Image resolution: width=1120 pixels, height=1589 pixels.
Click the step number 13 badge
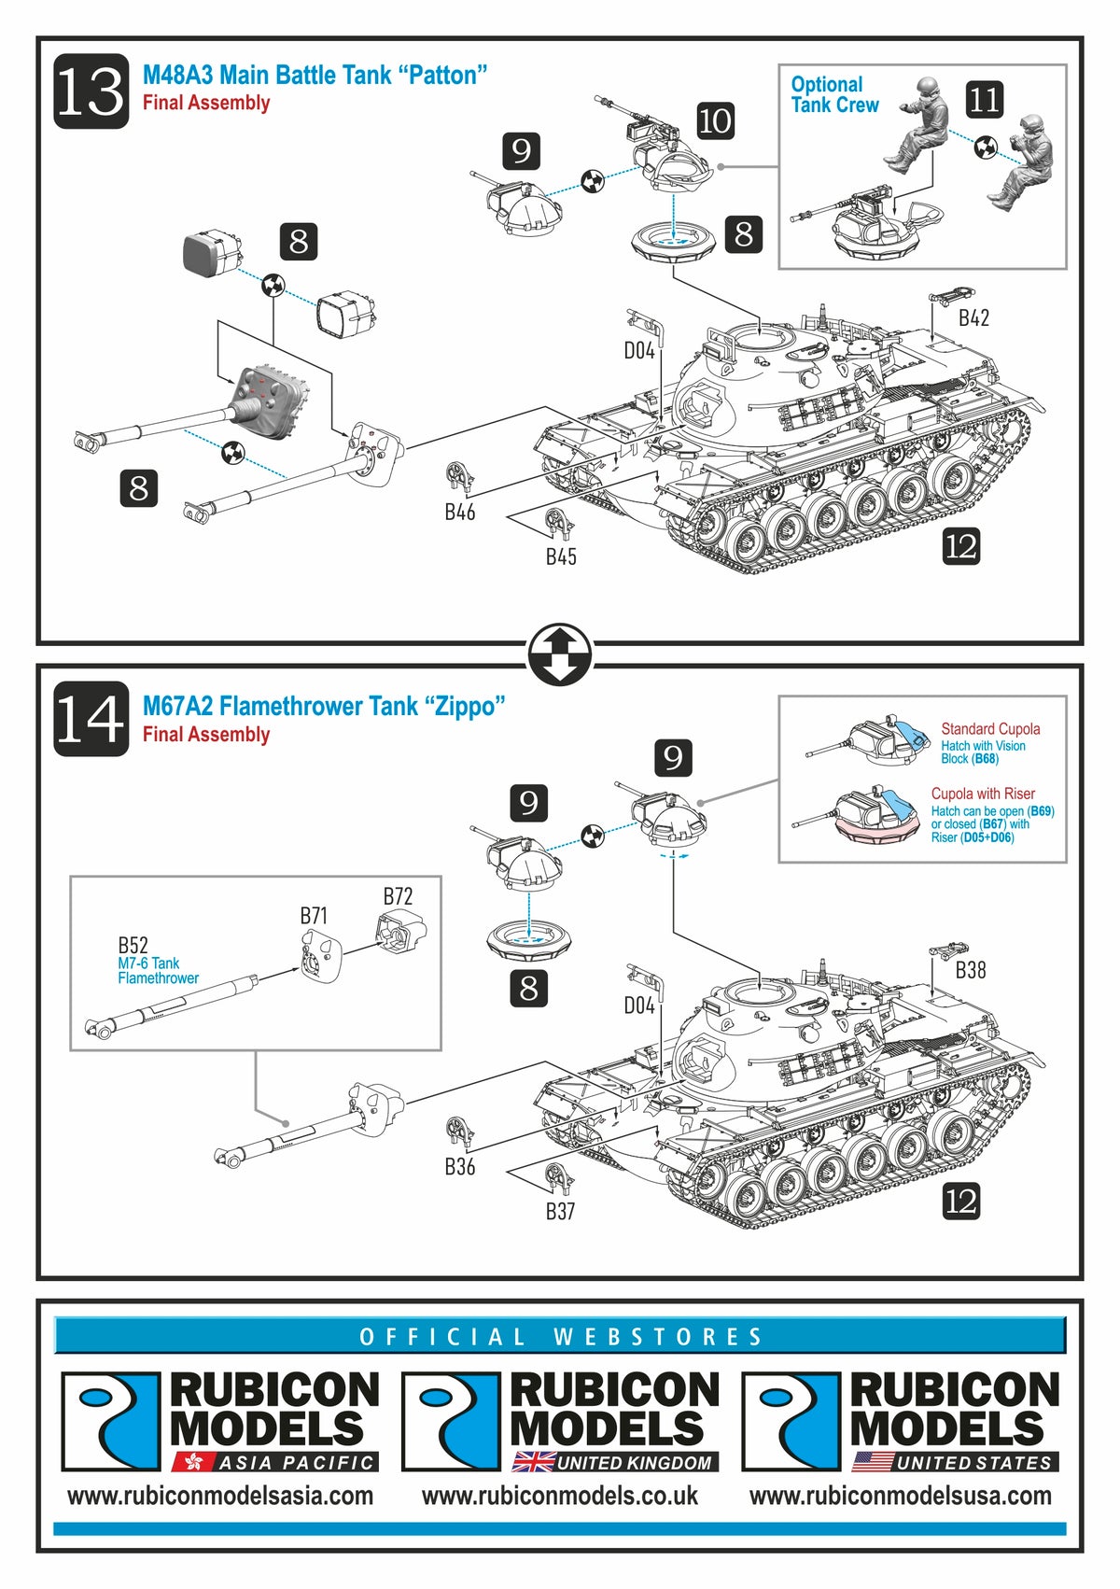click(x=91, y=91)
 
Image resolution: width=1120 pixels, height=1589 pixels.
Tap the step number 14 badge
click(x=91, y=719)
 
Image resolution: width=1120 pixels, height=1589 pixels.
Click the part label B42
click(x=973, y=318)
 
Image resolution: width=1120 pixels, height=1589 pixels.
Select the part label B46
click(x=459, y=512)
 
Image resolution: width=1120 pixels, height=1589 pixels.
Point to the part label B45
click(x=561, y=556)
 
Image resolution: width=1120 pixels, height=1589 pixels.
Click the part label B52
click(x=133, y=945)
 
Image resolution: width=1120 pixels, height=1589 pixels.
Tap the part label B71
click(x=314, y=916)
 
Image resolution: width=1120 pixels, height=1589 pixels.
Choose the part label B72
click(x=398, y=896)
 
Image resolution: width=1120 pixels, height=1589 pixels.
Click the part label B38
click(x=971, y=971)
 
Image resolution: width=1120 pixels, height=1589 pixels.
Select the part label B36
click(x=459, y=1166)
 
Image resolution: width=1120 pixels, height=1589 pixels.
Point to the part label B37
click(x=560, y=1211)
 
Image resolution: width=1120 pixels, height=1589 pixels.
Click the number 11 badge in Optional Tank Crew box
click(x=985, y=99)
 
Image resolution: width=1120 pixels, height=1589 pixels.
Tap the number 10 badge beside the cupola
click(x=715, y=120)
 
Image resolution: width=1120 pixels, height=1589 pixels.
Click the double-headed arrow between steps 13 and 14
click(x=560, y=653)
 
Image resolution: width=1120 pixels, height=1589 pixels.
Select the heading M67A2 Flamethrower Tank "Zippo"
click(x=324, y=706)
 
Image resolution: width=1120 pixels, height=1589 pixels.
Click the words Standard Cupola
click(x=990, y=729)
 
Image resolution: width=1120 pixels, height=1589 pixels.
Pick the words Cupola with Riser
click(x=983, y=794)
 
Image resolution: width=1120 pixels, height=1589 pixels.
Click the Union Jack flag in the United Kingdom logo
click(x=533, y=1462)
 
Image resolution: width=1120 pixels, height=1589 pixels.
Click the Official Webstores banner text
click(x=560, y=1337)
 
